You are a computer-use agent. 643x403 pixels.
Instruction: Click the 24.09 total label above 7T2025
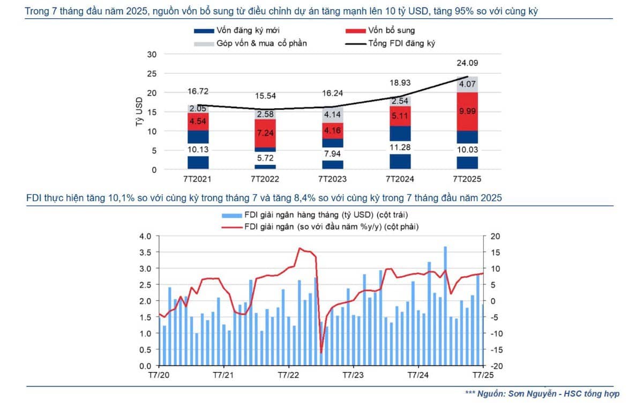pyautogui.click(x=468, y=63)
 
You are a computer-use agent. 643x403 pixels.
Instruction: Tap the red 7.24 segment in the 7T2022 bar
pyautogui.click(x=265, y=132)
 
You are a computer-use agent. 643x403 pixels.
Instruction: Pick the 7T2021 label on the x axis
pyautogui.click(x=198, y=179)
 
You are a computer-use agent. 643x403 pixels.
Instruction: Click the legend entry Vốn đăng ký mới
pyautogui.click(x=244, y=31)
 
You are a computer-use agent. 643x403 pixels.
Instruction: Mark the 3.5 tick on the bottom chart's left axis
pyautogui.click(x=146, y=252)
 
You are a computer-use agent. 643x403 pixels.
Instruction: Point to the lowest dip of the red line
pyautogui.click(x=321, y=352)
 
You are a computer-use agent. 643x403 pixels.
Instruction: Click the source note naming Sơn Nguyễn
pyautogui.click(x=542, y=393)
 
